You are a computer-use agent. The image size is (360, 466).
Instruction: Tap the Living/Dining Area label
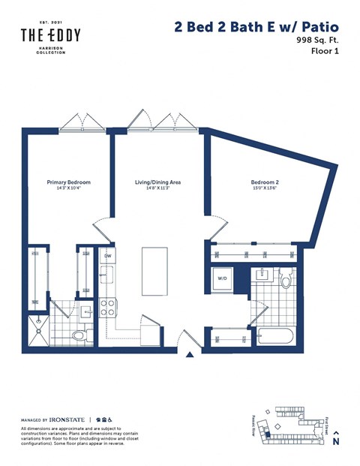157,182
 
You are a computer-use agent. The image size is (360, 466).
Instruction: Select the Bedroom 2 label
265,182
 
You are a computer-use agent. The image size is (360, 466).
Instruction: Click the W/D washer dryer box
223,278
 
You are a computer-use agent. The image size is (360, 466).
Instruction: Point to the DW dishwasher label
107,257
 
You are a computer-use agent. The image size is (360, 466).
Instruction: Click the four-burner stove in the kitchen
107,307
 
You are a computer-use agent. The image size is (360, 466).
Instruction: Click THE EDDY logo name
50,35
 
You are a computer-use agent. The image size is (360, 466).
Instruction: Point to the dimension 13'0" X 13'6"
265,189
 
